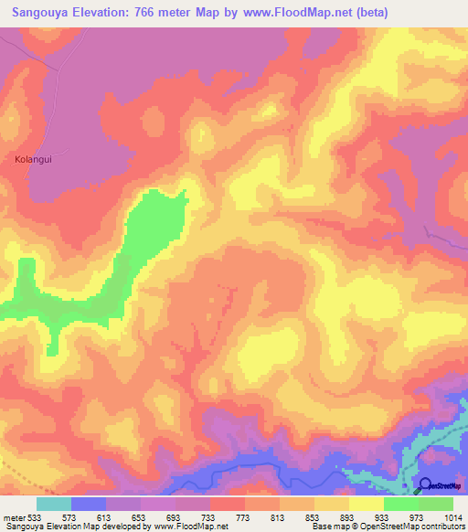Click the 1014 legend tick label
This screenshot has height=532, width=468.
[x=453, y=516]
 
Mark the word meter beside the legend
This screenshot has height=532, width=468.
[x=12, y=516]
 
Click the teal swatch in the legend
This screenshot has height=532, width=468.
[x=54, y=504]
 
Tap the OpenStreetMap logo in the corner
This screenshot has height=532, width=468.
[x=440, y=485]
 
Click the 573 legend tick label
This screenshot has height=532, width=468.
[x=70, y=516]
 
